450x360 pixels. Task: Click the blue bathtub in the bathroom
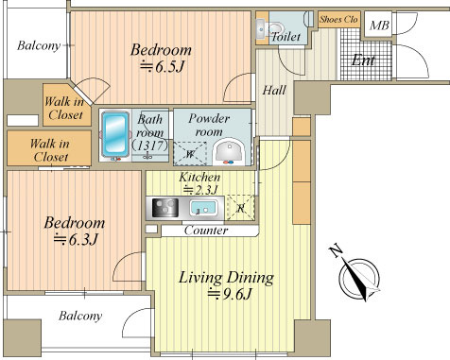coord(115,133)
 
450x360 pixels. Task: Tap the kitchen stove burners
coord(165,208)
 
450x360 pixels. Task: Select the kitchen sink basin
coord(203,208)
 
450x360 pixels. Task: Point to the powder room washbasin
coord(229,152)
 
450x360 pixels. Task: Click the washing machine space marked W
coord(190,154)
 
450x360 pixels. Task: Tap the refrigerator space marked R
coord(241,208)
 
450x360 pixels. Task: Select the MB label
coord(379,26)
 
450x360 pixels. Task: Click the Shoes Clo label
coord(338,20)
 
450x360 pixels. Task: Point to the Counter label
coord(206,231)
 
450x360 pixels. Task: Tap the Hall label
coord(274,91)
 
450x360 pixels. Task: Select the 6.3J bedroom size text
coord(76,239)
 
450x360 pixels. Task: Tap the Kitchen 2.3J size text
coord(201,190)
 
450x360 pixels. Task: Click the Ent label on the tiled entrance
coord(363,60)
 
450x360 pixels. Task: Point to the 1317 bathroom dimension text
coord(149,146)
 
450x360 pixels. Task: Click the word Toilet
coord(286,37)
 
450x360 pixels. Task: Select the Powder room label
coord(209,125)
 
